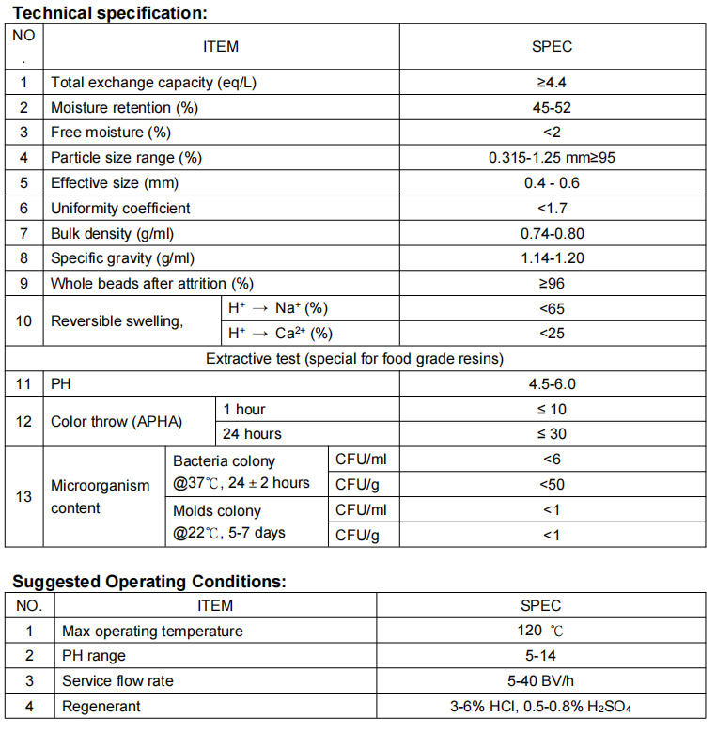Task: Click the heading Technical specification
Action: (109, 13)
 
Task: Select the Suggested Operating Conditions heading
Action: (148, 582)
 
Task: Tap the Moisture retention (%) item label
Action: (124, 107)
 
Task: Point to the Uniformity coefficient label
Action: (120, 208)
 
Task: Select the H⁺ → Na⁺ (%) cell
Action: (278, 308)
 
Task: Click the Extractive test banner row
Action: (354, 358)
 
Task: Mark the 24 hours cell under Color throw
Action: (252, 433)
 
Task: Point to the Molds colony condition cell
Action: (229, 522)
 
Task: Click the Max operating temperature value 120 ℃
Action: (540, 631)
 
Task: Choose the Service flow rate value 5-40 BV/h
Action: (540, 680)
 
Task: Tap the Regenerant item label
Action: (101, 706)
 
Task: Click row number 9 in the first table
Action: (24, 283)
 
